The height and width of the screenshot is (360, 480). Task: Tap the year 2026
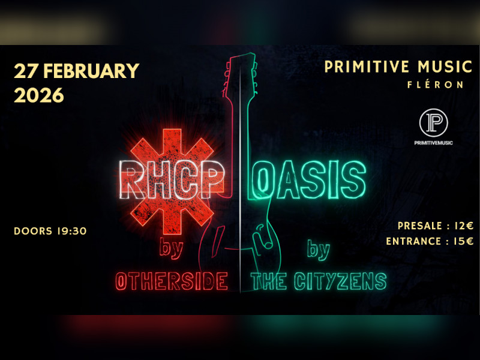pos(38,95)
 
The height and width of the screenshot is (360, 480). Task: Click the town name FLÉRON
pos(435,85)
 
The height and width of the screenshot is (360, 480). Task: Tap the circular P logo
pos(433,122)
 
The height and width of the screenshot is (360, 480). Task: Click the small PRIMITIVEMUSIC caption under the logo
pos(433,142)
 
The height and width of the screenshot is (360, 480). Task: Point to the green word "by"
pos(318,248)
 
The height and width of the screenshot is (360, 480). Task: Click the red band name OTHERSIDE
pos(172,281)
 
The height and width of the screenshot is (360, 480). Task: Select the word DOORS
pos(32,230)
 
